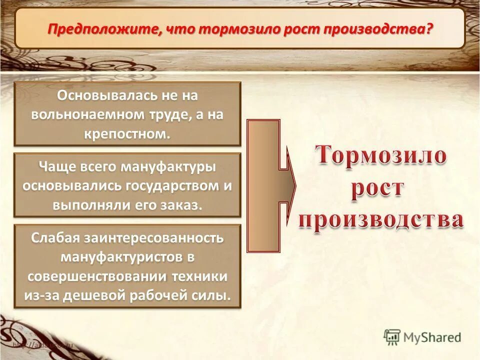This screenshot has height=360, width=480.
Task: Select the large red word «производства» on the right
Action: [380, 221]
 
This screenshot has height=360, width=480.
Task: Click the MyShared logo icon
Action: [392, 337]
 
